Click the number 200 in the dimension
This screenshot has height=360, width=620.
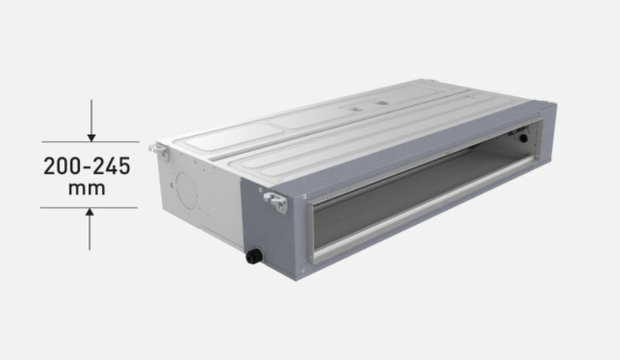(x=60, y=166)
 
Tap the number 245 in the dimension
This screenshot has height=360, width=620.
(x=111, y=166)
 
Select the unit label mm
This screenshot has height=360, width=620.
(x=87, y=188)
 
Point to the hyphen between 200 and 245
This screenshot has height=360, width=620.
(x=84, y=167)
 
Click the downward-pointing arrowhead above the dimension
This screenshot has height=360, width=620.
(x=91, y=137)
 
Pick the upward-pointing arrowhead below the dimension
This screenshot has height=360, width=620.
(x=90, y=211)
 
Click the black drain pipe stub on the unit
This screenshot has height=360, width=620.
(x=254, y=256)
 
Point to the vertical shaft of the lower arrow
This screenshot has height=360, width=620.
(x=90, y=232)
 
